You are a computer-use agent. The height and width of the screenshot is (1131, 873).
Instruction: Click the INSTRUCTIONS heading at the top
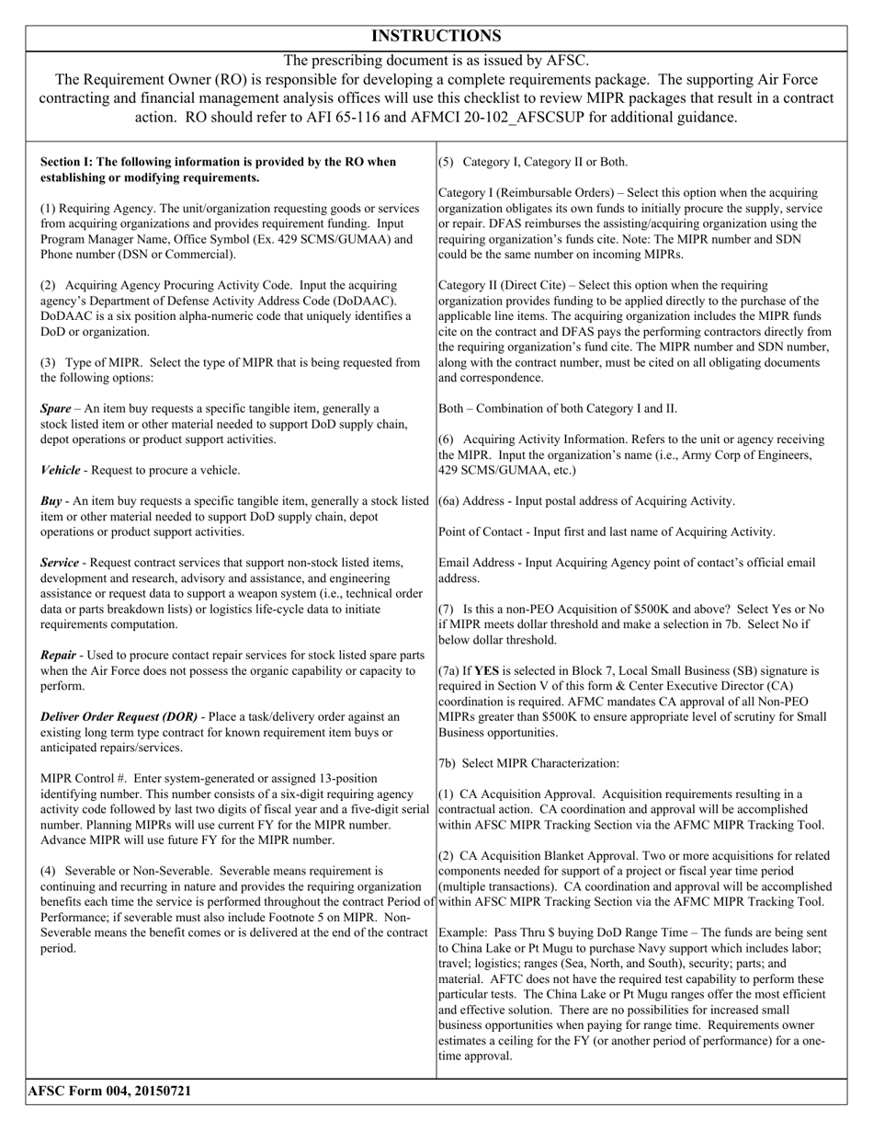click(x=436, y=36)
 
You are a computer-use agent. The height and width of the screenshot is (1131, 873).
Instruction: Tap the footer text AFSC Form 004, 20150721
click(x=109, y=1091)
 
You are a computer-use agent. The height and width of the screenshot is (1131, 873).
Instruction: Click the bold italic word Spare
click(x=58, y=408)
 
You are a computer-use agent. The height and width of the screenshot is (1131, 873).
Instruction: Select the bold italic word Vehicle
click(x=61, y=470)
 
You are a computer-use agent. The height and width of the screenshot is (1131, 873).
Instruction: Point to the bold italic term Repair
click(x=60, y=656)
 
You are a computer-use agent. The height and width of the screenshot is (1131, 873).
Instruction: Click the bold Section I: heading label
click(x=76, y=162)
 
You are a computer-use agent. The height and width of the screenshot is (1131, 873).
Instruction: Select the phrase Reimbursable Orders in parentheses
click(x=549, y=193)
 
